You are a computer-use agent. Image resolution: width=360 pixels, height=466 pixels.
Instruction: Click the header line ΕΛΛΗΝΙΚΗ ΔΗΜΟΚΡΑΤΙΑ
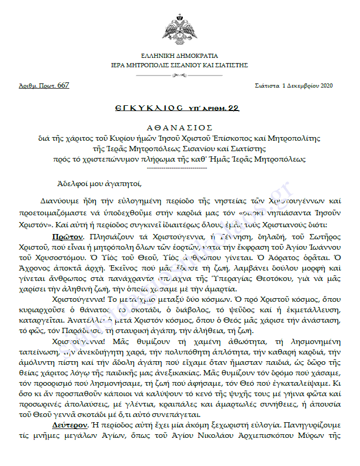pyautogui.click(x=180, y=56)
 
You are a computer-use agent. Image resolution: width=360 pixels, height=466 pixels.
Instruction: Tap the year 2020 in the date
pyautogui.click(x=325, y=85)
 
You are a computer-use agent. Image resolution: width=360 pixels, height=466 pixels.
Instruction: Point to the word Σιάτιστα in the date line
pyautogui.click(x=267, y=85)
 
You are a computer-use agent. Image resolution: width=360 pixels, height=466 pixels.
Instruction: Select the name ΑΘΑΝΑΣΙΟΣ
pyautogui.click(x=179, y=127)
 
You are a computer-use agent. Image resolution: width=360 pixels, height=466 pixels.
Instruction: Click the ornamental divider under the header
pyautogui.click(x=180, y=76)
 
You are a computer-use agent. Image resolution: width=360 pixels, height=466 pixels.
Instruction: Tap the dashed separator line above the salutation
pyautogui.click(x=179, y=168)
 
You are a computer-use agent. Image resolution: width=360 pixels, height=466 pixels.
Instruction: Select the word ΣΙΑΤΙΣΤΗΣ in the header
pyautogui.click(x=229, y=66)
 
